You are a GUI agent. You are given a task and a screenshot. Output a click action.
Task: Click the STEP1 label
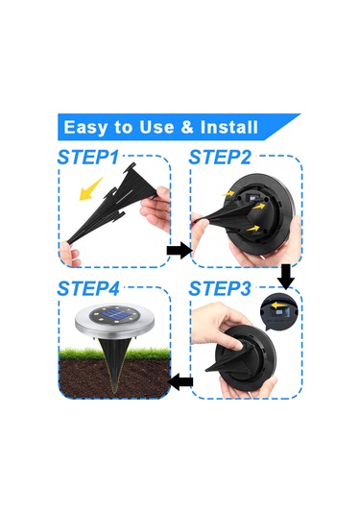[x=87, y=157]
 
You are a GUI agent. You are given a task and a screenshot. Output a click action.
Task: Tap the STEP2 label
[x=220, y=157]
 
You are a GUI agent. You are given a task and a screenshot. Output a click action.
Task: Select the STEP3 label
[x=220, y=288]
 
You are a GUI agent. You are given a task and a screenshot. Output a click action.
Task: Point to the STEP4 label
[x=88, y=288]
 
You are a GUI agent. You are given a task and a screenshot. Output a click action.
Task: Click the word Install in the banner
[x=229, y=127]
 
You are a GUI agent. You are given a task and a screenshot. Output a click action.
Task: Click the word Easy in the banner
[x=85, y=128]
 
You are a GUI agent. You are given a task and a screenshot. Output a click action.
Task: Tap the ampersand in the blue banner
[x=187, y=127]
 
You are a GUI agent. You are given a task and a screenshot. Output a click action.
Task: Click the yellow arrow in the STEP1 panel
[x=90, y=189]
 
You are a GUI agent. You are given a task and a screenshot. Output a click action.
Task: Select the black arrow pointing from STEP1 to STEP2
[x=180, y=251]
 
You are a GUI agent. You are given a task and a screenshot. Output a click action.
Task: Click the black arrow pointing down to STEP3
[x=286, y=277]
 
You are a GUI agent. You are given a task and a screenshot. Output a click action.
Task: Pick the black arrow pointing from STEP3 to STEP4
[x=180, y=382]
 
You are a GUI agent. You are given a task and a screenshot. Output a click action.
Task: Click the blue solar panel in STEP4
[x=114, y=316]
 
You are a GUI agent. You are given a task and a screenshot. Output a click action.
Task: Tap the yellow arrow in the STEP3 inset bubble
[x=278, y=305]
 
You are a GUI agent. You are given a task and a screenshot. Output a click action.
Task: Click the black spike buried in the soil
[x=114, y=364]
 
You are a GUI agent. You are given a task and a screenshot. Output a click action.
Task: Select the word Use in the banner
[x=156, y=127]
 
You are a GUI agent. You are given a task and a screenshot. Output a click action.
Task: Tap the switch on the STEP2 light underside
[x=252, y=197]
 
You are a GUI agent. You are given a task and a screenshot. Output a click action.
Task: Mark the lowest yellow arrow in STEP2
[x=252, y=228]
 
